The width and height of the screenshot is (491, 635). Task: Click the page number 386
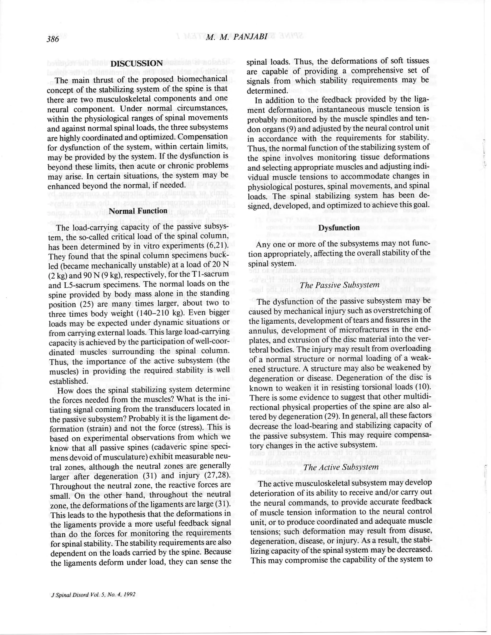tap(53, 39)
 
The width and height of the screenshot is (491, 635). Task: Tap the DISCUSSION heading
tap(137, 63)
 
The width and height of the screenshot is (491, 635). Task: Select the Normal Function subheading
tap(138, 211)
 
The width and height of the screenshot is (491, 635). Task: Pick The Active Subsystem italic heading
tap(341, 467)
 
